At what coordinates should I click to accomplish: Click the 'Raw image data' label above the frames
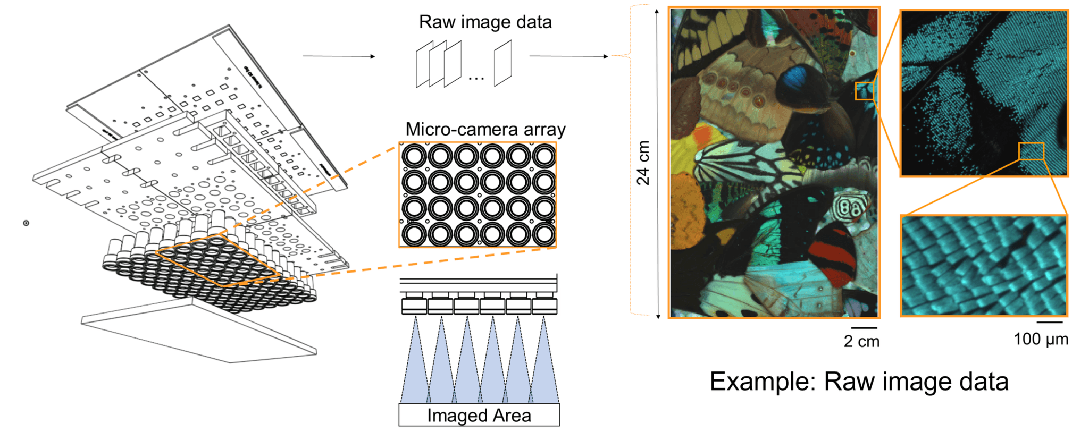pyautogui.click(x=485, y=22)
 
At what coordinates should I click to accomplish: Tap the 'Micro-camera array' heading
pyautogui.click(x=485, y=130)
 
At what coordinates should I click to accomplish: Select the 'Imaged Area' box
pyautogui.click(x=479, y=415)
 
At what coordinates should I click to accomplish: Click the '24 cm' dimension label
pyautogui.click(x=643, y=163)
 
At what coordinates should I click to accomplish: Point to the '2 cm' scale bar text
pyautogui.click(x=861, y=341)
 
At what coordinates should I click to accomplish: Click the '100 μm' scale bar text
pyautogui.click(x=1041, y=339)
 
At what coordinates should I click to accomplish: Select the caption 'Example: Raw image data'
pyautogui.click(x=859, y=382)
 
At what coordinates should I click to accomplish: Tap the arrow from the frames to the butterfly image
pyautogui.click(x=568, y=56)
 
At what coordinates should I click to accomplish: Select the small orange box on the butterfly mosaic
pyautogui.click(x=864, y=91)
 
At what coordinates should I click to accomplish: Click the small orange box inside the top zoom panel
pyautogui.click(x=1031, y=151)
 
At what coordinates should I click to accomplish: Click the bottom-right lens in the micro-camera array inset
pyautogui.click(x=544, y=234)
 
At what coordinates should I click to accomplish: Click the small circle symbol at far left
pyautogui.click(x=26, y=223)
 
